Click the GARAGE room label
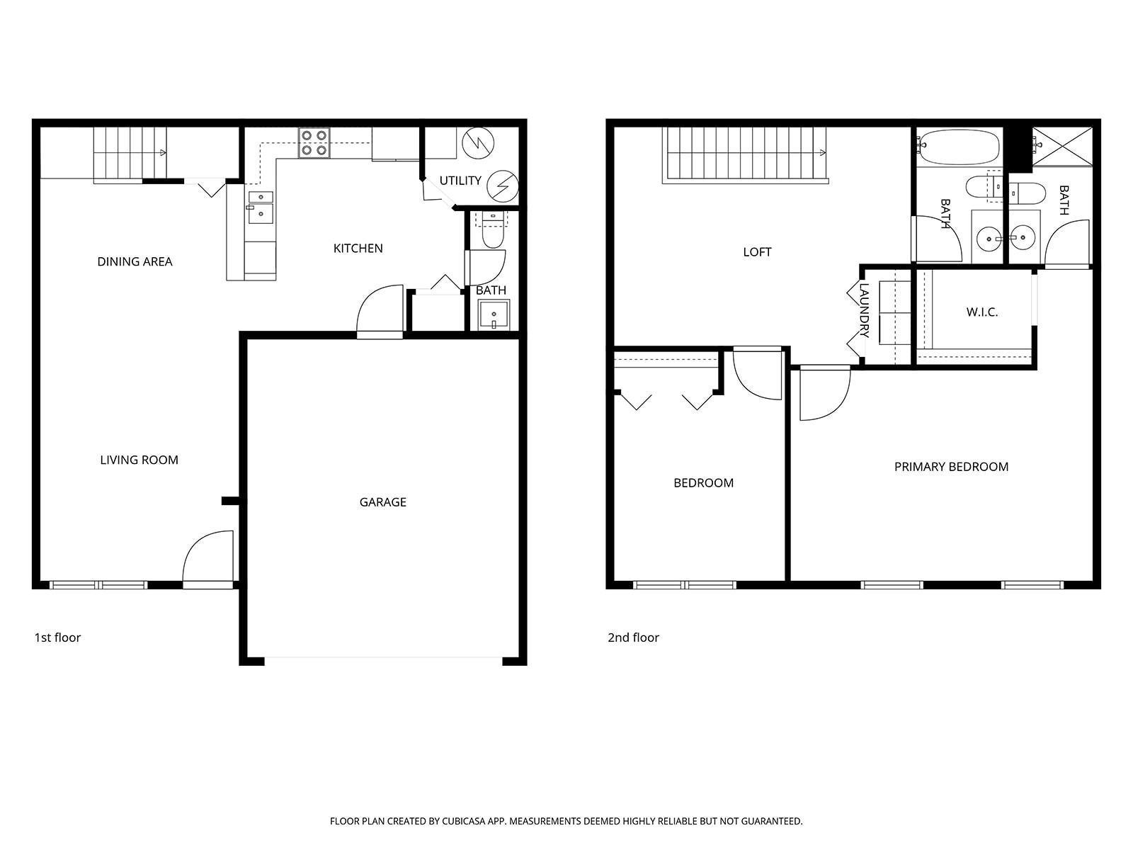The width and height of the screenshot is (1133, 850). tap(382, 502)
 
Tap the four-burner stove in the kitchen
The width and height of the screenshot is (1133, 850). tap(314, 142)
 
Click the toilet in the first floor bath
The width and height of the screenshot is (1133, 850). tap(492, 231)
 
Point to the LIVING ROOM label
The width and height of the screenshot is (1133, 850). tap(139, 460)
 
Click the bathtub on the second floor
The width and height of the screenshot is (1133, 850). tap(959, 147)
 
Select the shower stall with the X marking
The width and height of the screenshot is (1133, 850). tap(1061, 146)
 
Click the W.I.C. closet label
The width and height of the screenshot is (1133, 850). tap(982, 312)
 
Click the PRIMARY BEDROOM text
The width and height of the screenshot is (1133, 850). tap(951, 467)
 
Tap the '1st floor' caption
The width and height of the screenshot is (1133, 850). tap(57, 637)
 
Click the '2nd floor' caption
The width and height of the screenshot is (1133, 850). tap(633, 637)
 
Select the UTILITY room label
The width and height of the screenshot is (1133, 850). tap(460, 181)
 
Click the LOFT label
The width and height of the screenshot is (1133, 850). tap(757, 252)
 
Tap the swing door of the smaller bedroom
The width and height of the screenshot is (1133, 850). tap(756, 373)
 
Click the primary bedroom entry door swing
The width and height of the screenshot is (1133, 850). tap(824, 394)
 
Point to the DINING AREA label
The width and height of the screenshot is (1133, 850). tap(135, 262)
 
